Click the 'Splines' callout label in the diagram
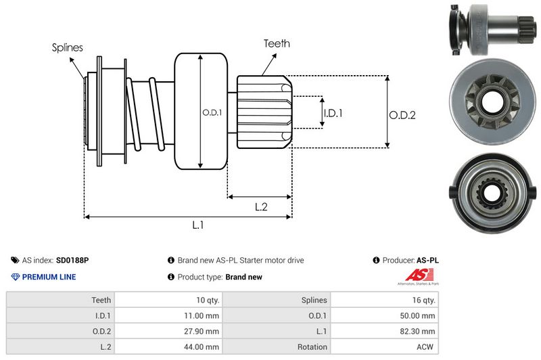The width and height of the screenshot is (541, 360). (67, 47)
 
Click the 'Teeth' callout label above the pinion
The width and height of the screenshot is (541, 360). (277, 43)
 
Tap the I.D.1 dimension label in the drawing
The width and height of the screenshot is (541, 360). (332, 113)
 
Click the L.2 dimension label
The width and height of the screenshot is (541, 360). (262, 207)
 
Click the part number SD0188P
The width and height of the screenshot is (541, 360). (72, 260)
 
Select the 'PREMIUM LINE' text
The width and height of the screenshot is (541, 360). (49, 277)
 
